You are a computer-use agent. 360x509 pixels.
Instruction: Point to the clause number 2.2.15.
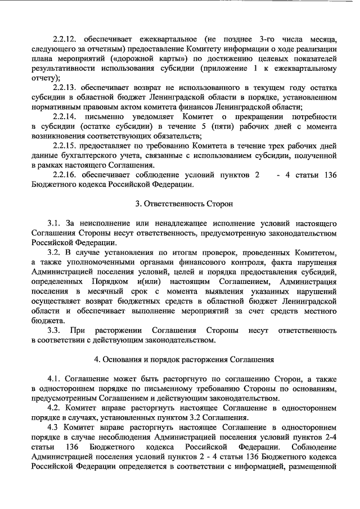click(x=64, y=146)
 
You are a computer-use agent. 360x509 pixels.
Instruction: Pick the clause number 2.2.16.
click(x=64, y=175)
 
